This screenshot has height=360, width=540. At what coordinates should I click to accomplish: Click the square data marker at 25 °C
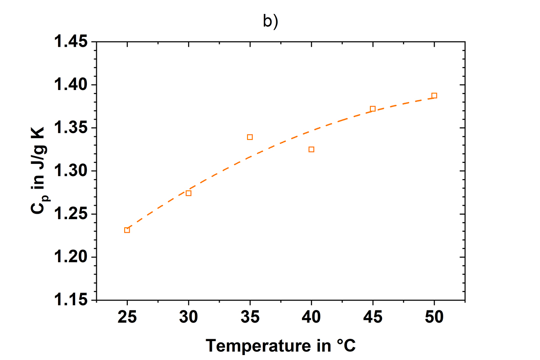127,230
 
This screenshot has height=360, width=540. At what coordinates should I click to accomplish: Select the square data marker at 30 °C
189,193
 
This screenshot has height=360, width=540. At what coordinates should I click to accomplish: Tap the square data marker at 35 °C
250,137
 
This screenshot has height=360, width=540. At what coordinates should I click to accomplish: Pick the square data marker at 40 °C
311,149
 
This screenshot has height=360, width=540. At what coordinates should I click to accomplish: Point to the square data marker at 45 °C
373,108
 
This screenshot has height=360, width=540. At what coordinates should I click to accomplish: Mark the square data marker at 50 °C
434,95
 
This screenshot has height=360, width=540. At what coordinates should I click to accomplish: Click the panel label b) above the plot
270,22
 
